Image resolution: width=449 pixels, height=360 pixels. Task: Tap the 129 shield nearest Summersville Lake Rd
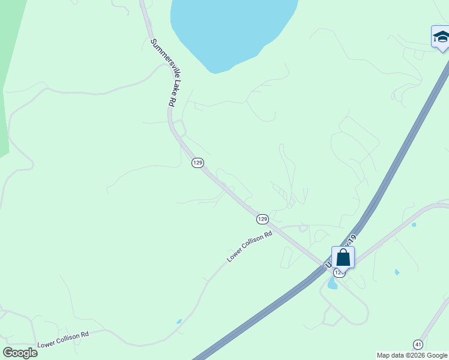197,163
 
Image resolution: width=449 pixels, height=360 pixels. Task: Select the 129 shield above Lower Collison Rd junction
262,219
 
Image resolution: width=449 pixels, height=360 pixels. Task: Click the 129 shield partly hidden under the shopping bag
339,272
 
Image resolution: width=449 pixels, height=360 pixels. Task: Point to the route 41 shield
418,344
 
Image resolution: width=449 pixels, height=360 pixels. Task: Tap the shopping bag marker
343,257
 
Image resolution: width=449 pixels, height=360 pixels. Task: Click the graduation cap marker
441,37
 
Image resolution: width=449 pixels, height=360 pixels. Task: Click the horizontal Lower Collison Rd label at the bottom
63,339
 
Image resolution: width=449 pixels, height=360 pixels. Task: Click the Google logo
20,353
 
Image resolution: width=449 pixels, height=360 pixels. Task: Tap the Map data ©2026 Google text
412,355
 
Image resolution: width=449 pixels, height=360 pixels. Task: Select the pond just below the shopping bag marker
333,284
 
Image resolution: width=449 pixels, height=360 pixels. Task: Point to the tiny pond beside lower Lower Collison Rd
179,322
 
